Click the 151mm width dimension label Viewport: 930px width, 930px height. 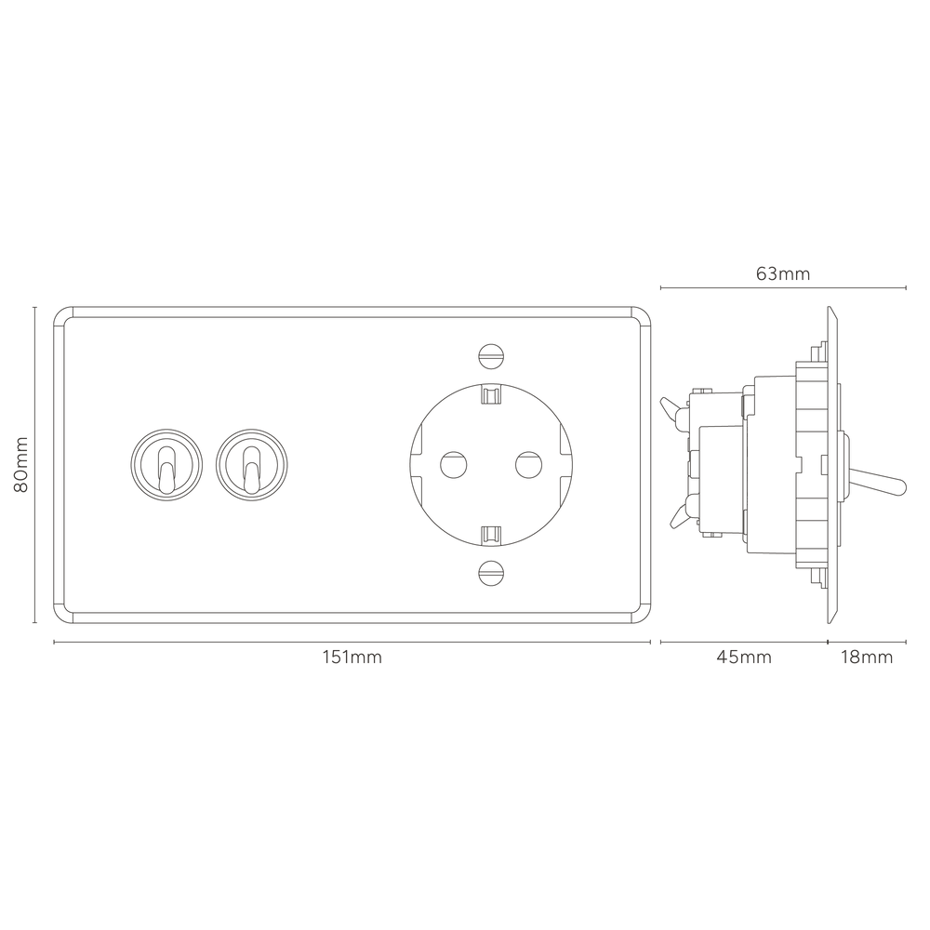tap(352, 658)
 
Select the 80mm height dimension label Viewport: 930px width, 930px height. tap(20, 464)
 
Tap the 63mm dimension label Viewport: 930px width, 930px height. tap(783, 273)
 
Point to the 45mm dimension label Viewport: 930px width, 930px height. tap(744, 658)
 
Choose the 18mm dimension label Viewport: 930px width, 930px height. tap(867, 658)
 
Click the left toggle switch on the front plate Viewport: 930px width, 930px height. tap(166, 465)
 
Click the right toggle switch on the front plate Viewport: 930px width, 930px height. tap(251, 465)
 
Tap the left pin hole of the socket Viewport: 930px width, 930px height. tap(454, 465)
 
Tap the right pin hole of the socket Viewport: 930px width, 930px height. tap(528, 465)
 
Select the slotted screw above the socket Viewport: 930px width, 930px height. tap(491, 356)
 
